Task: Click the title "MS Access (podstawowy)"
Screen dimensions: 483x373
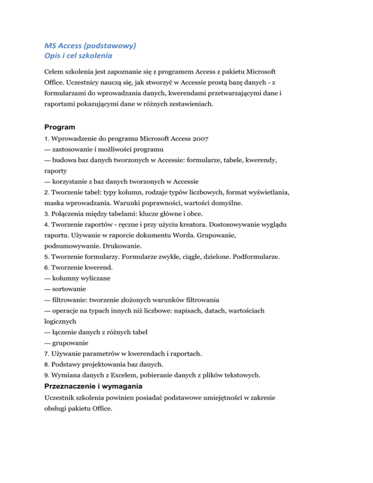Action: (x=90, y=46)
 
